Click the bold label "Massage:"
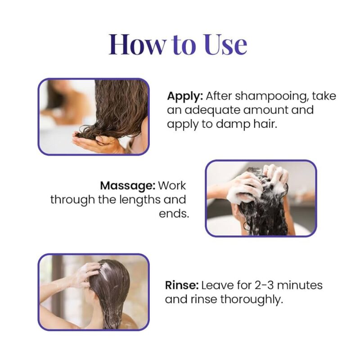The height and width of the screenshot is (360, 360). [128, 185]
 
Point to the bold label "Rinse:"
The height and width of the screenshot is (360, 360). [181, 285]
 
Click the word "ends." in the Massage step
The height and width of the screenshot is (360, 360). [173, 213]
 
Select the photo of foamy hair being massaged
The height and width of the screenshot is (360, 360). [261, 198]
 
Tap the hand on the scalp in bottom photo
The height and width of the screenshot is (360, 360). [88, 274]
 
